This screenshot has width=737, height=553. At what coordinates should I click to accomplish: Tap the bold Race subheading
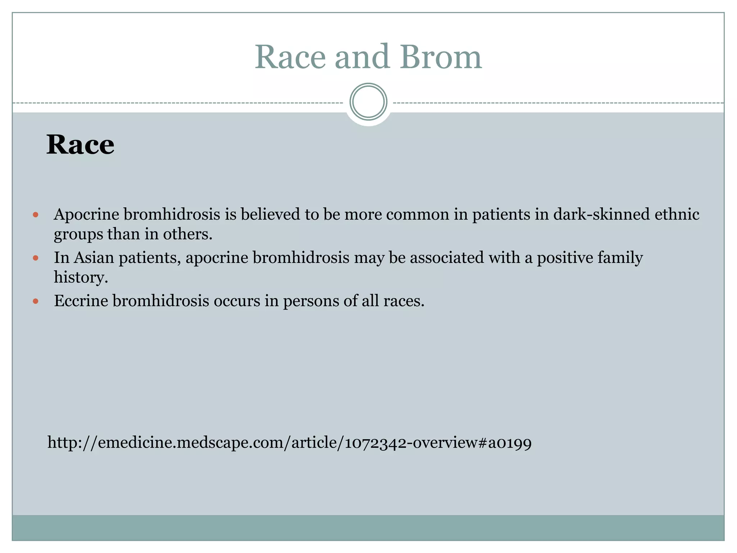click(80, 145)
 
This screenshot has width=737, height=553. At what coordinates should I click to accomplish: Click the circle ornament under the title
click(368, 102)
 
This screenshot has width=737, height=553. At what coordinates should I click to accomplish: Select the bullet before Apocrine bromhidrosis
click(35, 215)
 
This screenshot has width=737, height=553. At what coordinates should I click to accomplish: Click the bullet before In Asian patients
click(35, 258)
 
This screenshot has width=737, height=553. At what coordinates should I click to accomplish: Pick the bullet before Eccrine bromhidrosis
click(35, 301)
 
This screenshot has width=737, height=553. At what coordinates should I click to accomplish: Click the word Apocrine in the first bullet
click(86, 215)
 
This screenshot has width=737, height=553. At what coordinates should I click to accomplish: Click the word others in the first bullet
click(187, 234)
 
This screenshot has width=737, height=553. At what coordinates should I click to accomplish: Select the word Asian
click(94, 258)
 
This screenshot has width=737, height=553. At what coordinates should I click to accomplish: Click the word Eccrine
click(81, 301)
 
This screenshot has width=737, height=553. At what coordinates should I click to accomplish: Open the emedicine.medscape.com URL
click(289, 442)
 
